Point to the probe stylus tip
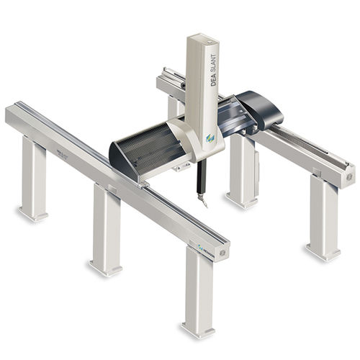(x=204, y=204)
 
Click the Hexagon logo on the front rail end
(x=204, y=248)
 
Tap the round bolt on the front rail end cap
(x=222, y=253)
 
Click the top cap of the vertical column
(x=201, y=37)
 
